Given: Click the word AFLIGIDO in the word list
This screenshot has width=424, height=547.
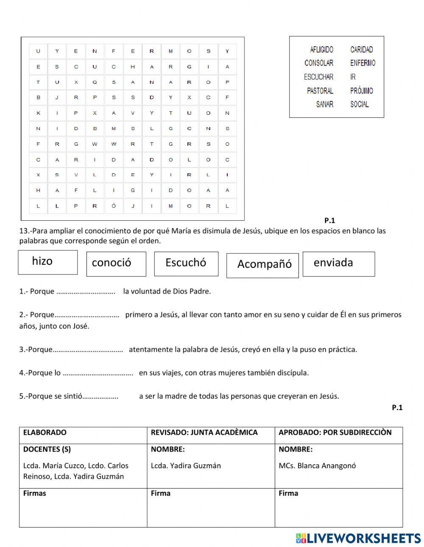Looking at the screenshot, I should (321, 50).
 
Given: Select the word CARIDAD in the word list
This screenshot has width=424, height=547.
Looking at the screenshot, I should (362, 50).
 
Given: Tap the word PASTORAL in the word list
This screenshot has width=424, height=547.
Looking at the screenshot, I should (320, 91).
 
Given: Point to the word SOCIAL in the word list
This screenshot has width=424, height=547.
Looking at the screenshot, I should (360, 104).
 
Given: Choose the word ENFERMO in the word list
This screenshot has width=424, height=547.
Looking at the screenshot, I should (363, 63).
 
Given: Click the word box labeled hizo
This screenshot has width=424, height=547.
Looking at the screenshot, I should (47, 262).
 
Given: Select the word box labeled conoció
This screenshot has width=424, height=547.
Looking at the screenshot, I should (116, 264).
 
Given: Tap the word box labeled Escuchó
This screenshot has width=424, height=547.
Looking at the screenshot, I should (186, 263).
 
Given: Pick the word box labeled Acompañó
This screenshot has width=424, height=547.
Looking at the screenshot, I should (262, 265).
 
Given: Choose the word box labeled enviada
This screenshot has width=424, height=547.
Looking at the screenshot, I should (338, 263).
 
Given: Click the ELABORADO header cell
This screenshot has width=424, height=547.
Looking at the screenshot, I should (45, 433).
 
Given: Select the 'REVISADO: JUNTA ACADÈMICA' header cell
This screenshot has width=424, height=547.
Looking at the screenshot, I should (204, 433).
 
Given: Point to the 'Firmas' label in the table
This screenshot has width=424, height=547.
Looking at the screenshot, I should (35, 493).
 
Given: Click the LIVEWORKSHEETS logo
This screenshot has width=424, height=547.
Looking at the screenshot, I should (358, 538).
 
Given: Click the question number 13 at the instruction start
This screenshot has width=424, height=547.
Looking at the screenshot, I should (24, 231).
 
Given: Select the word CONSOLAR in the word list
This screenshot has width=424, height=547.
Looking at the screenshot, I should (319, 63).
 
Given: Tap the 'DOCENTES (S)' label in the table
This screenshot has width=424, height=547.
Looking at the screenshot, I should (47, 450).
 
